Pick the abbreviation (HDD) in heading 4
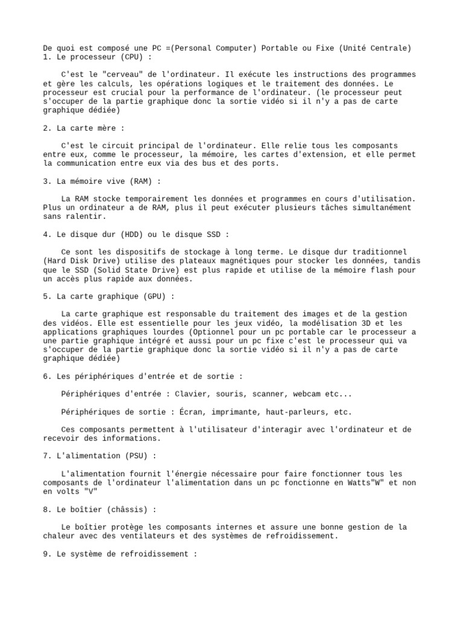(x=133, y=235)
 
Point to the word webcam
(x=307, y=394)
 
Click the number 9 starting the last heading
(x=46, y=554)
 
